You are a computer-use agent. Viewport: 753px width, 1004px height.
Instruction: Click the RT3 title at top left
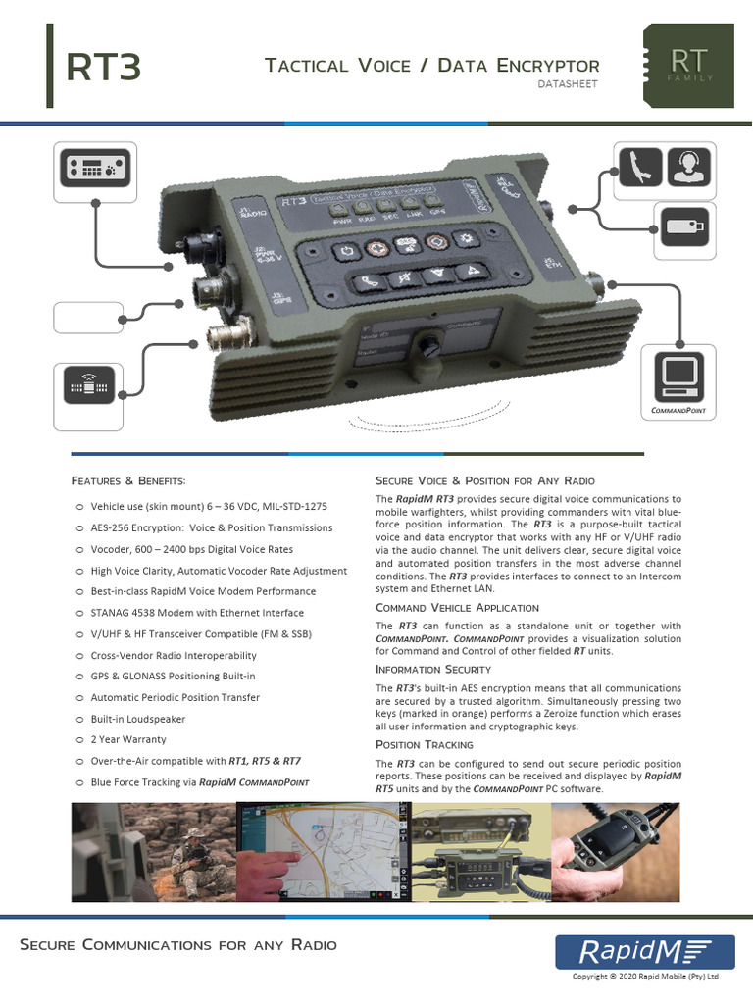[x=104, y=69]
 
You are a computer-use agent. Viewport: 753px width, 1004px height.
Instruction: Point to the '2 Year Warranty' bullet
[x=128, y=739]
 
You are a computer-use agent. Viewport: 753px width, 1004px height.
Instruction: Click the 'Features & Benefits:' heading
[x=128, y=480]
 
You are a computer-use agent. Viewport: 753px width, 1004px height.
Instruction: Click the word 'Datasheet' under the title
[x=568, y=84]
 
